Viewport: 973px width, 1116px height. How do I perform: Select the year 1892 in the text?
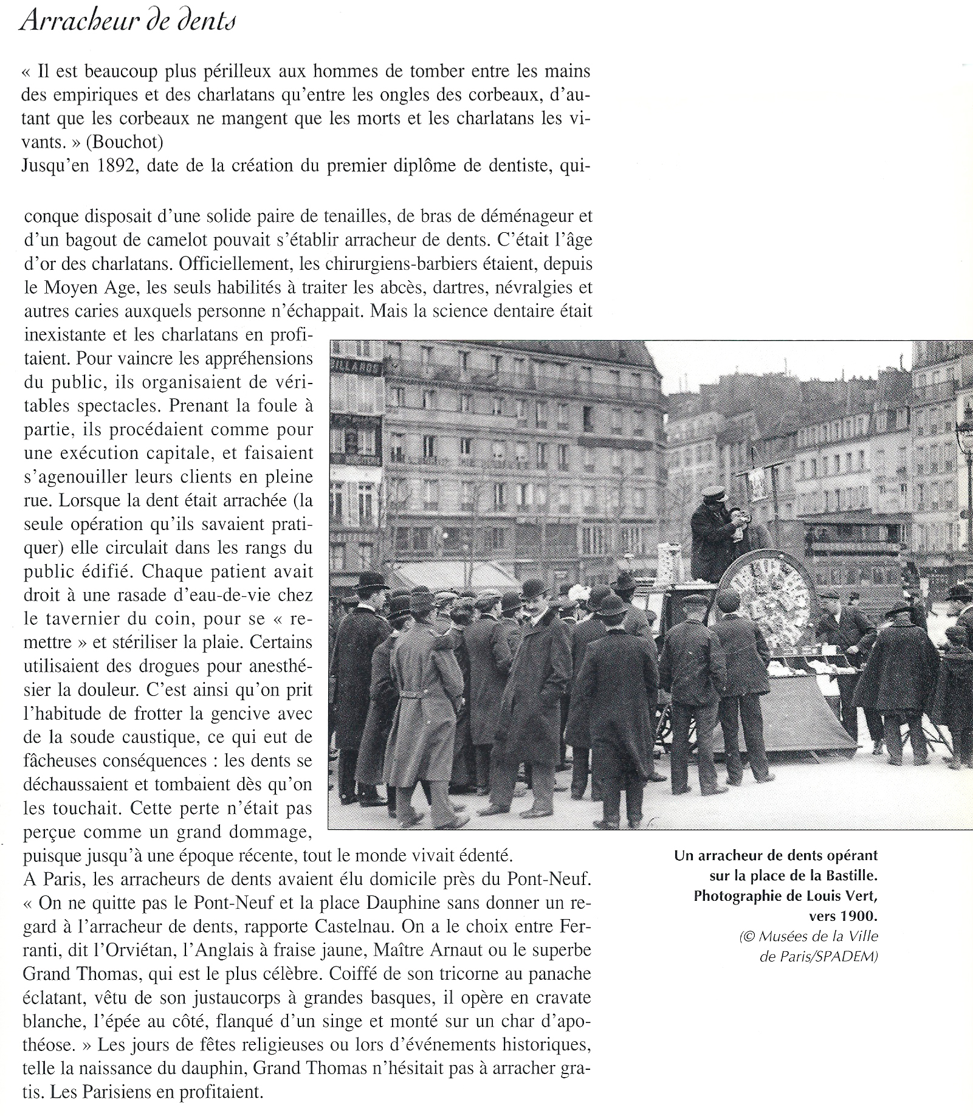(115, 166)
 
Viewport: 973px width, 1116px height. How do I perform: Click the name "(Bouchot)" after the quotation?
(125, 142)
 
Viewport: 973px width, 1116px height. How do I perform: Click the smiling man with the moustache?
(535, 663)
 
